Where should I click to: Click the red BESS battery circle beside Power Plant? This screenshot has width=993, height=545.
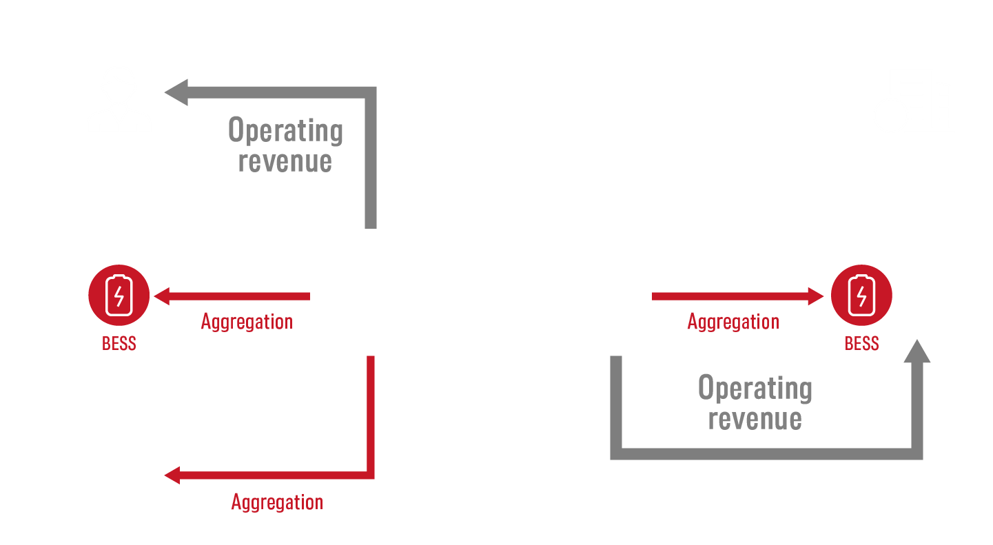119,297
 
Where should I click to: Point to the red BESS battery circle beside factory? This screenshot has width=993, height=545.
861,297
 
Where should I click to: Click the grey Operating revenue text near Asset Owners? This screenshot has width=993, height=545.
285,145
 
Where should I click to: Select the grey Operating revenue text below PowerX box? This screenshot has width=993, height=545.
755,403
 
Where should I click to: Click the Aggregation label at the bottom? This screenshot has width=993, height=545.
277,502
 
